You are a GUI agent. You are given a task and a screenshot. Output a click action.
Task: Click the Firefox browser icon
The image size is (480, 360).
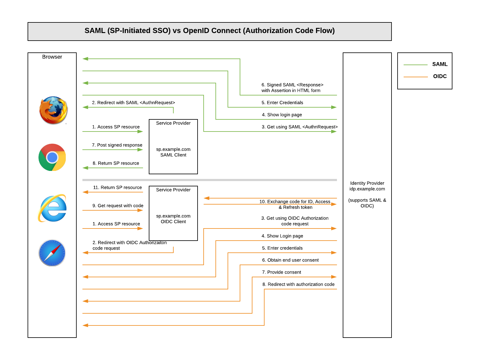click(53, 110)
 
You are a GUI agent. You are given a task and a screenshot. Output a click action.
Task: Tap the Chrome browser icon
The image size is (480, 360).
click(52, 157)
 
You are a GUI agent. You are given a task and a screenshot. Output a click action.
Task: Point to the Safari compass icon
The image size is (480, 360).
click(52, 253)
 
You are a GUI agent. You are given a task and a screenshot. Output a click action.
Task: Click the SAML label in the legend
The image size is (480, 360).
click(440, 64)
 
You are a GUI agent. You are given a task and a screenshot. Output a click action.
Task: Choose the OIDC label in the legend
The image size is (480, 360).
click(440, 76)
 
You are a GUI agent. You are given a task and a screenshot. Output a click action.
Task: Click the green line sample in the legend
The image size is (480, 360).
click(415, 65)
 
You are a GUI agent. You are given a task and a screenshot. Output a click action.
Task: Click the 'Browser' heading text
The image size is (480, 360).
click(52, 57)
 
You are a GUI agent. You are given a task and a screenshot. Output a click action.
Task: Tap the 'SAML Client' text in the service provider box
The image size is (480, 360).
click(173, 155)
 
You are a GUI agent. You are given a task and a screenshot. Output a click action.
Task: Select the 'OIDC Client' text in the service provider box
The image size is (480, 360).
click(173, 222)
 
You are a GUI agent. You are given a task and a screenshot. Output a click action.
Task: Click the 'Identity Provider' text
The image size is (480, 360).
click(367, 183)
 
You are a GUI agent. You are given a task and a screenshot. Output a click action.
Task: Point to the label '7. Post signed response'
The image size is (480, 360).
click(117, 145)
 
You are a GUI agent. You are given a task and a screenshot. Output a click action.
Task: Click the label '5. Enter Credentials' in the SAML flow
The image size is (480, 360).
click(282, 103)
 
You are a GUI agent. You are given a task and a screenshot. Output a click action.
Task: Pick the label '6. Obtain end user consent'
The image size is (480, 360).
click(290, 260)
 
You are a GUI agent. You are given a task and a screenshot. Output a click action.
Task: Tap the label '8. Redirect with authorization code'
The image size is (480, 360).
click(298, 284)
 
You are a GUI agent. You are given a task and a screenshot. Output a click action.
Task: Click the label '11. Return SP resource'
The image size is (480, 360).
click(117, 188)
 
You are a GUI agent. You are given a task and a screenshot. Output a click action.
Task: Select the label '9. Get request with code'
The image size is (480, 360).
click(118, 206)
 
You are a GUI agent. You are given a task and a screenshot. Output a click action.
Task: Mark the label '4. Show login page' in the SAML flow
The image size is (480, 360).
click(282, 115)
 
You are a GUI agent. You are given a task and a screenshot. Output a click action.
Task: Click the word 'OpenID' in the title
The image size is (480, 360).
click(196, 31)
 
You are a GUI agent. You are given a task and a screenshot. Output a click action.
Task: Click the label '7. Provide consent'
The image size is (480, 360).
click(282, 272)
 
